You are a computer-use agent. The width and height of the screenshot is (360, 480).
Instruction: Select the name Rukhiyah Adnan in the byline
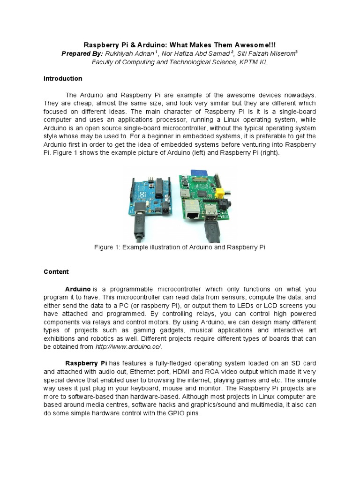(128, 53)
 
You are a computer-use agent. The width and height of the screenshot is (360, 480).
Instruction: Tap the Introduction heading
(63, 78)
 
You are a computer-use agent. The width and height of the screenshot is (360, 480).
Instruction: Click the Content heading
(56, 271)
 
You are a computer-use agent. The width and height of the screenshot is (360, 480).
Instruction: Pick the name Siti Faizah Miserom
(267, 53)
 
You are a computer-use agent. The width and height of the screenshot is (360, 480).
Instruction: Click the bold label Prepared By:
(82, 53)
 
